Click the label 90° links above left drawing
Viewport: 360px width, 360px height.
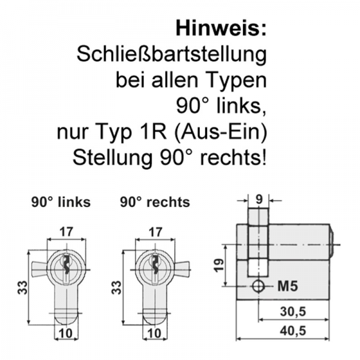(x=61, y=202)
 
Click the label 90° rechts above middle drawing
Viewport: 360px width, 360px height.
(x=155, y=202)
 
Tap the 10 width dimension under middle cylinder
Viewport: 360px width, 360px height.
(x=155, y=333)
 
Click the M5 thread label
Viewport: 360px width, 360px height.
(x=288, y=286)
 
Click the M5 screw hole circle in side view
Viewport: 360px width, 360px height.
(x=258, y=286)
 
